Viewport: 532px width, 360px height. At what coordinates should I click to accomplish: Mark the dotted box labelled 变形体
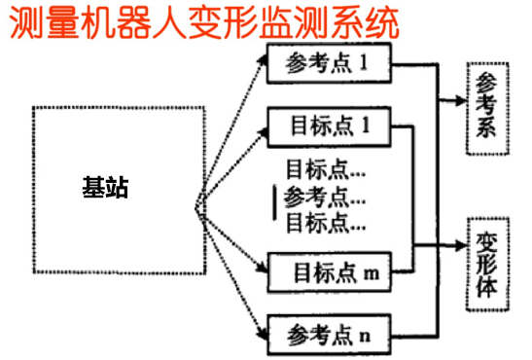[x=486, y=262]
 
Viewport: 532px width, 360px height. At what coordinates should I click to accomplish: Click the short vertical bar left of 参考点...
[x=276, y=200]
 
